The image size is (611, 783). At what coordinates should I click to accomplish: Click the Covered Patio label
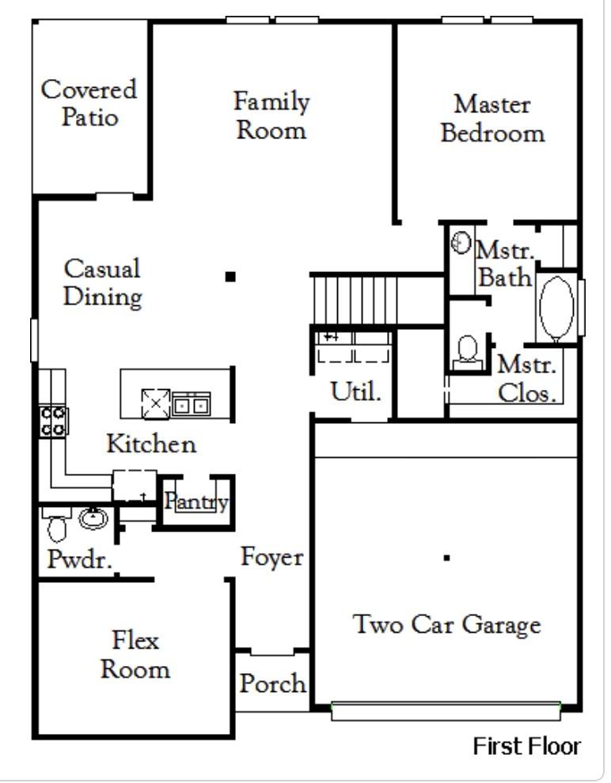click(x=89, y=103)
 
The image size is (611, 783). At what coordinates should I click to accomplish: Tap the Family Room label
click(x=271, y=115)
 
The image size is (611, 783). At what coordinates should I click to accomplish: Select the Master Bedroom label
click(x=492, y=119)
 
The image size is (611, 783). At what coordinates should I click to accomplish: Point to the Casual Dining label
click(x=102, y=282)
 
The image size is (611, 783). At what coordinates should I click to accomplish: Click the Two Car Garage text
click(x=446, y=624)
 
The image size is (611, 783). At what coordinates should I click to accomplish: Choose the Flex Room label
click(x=135, y=654)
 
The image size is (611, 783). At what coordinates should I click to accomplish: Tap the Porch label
click(x=273, y=683)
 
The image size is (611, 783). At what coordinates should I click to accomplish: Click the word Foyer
click(x=271, y=557)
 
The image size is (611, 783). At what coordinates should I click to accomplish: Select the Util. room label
click(x=355, y=391)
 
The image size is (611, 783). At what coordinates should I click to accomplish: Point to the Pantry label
click(x=196, y=501)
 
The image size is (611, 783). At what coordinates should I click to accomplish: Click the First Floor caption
click(x=526, y=746)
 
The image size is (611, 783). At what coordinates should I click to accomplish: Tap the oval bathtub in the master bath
click(x=556, y=308)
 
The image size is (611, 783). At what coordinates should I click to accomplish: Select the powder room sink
click(x=93, y=519)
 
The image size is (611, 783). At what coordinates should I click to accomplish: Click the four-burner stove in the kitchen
click(x=53, y=421)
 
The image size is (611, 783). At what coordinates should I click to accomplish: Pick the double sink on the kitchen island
click(x=191, y=404)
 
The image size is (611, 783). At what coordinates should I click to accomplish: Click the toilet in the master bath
click(x=468, y=350)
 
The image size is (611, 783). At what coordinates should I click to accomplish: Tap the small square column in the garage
click(x=446, y=558)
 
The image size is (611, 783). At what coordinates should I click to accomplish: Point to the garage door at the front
click(x=446, y=711)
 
